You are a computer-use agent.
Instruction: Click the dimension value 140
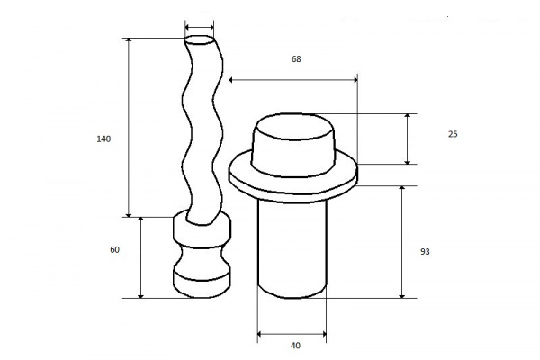(x=103, y=139)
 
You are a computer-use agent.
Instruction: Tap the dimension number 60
(x=114, y=250)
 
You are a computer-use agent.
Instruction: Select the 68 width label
(x=296, y=59)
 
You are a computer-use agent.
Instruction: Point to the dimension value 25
(x=453, y=134)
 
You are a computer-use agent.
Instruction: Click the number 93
(x=425, y=252)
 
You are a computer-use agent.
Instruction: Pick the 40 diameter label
(x=295, y=346)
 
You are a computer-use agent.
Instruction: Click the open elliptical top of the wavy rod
(x=200, y=40)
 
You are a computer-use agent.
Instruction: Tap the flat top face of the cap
(x=293, y=127)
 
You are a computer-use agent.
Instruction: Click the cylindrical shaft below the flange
(x=292, y=248)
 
